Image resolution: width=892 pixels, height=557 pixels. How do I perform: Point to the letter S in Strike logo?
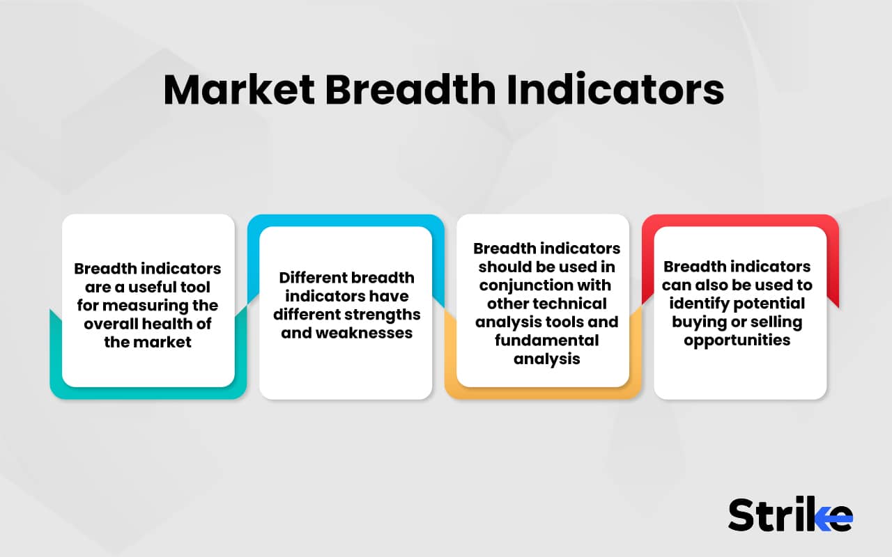coord(742,515)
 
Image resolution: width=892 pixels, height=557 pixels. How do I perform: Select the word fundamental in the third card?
coord(547,340)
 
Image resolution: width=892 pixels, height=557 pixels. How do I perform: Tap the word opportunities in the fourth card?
coord(737,340)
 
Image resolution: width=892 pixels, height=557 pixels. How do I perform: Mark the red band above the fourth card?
coord(740,220)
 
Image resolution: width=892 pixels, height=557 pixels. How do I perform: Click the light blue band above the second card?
coord(346,220)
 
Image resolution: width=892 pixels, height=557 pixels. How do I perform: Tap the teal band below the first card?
coord(148,393)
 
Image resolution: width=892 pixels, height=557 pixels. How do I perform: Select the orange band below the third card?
coord(543,393)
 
